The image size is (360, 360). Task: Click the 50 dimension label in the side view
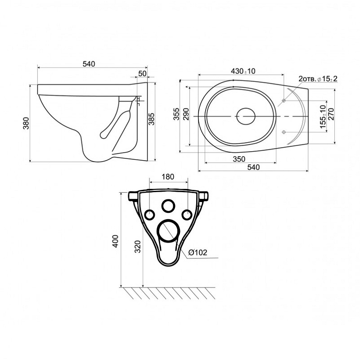click(x=142, y=73)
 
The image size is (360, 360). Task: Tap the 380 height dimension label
click(x=26, y=123)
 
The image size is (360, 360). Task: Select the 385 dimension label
click(x=151, y=119)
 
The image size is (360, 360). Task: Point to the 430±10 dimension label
click(x=243, y=71)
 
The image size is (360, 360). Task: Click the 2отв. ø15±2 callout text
click(x=318, y=79)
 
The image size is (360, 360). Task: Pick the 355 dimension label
click(x=176, y=114)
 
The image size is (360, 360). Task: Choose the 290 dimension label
click(x=186, y=114)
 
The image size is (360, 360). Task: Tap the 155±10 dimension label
click(x=323, y=117)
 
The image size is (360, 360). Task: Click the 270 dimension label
click(x=331, y=114)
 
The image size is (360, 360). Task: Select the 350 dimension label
click(x=239, y=159)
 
